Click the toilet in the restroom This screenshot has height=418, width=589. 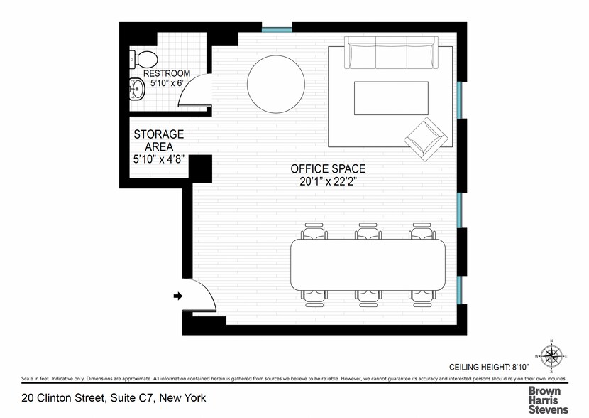[x=143, y=59]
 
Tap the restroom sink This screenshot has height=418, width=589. [x=137, y=90]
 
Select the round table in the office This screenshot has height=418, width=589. [x=275, y=85]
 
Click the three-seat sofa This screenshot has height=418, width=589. [x=391, y=53]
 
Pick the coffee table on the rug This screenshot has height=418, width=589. [x=391, y=98]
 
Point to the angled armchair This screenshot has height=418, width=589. [x=426, y=139]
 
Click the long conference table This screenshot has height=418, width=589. [x=368, y=264]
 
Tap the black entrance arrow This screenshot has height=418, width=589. [x=178, y=296]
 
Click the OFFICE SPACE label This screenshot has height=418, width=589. [x=328, y=169]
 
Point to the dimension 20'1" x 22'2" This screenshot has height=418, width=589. [x=328, y=182]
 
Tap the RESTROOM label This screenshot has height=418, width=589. [x=167, y=73]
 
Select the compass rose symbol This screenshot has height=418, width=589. [x=551, y=355]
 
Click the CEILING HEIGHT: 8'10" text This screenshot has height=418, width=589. [x=488, y=367]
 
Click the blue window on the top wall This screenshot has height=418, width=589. [x=277, y=30]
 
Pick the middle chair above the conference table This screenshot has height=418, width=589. [x=368, y=231]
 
